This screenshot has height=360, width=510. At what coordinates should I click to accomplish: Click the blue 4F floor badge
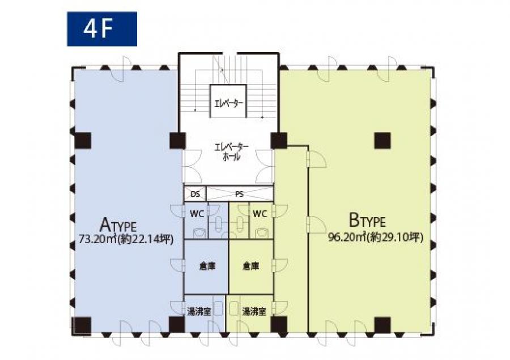[102, 29]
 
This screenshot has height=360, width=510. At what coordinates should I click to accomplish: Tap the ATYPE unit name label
[118, 225]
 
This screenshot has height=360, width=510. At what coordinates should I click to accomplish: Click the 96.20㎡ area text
[348, 238]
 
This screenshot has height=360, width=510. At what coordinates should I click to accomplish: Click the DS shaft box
[195, 194]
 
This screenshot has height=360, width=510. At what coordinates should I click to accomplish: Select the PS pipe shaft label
[239, 194]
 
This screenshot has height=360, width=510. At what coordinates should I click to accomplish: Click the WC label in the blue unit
[197, 214]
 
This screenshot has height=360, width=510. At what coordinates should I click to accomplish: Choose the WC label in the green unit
[260, 214]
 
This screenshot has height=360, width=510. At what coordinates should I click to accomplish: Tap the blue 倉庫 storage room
[206, 267]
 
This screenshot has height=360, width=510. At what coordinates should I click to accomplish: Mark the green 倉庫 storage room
[251, 267]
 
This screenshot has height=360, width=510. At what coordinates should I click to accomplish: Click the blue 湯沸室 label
[199, 311]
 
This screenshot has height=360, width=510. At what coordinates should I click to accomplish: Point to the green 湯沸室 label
[254, 311]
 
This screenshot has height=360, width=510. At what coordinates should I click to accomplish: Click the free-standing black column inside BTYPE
[382, 141]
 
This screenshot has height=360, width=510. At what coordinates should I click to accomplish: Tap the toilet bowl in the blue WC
[198, 232]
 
